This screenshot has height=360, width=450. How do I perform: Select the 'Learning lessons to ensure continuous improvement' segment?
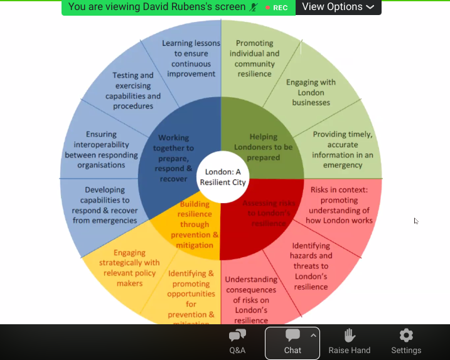pos(191,58)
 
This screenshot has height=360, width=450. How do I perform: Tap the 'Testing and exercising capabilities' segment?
pos(133,91)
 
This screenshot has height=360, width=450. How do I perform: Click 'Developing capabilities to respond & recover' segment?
pos(105,205)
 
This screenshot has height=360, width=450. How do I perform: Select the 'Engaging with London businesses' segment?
pos(311,92)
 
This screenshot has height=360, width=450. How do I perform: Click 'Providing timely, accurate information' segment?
pos(342,150)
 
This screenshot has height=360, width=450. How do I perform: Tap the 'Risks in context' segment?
pos(341,204)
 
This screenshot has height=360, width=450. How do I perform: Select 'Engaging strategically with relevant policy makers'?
pos(128,268)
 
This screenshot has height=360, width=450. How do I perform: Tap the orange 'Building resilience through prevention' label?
pos(195,225)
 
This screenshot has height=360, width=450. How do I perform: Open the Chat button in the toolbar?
pos(292,342)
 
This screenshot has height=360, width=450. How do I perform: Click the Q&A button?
pos(238,342)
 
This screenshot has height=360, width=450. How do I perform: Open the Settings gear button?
pos(406,342)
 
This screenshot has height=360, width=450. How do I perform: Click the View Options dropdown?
pos(338,7)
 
